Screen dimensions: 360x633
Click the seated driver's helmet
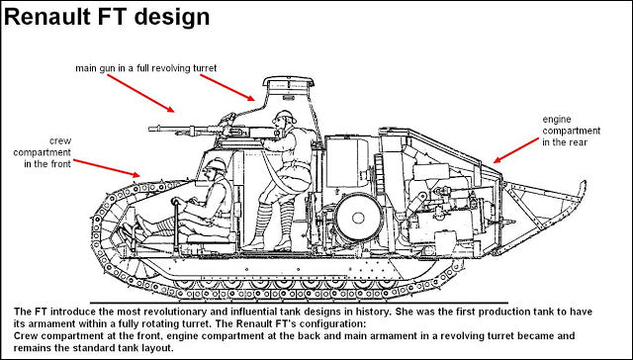click(x=212, y=166)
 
